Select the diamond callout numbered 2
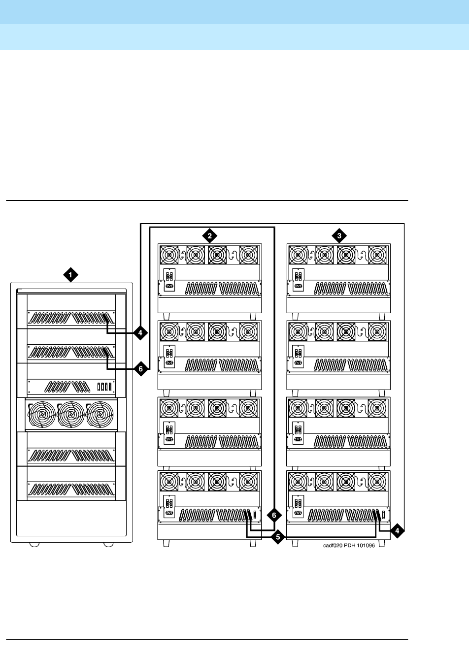(x=210, y=236)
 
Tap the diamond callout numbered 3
(x=339, y=236)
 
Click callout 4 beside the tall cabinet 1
(x=140, y=333)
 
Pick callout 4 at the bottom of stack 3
(x=397, y=530)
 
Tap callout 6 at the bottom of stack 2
(x=274, y=516)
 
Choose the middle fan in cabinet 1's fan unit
(x=71, y=414)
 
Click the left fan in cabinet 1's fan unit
(x=42, y=414)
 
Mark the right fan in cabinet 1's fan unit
(x=100, y=414)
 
